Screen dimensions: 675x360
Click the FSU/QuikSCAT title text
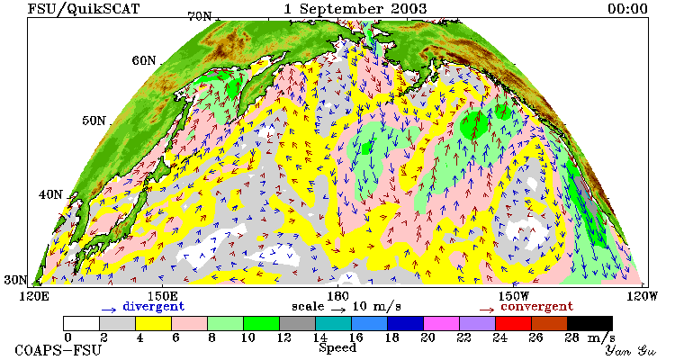point(84,9)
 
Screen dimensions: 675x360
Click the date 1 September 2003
point(355,9)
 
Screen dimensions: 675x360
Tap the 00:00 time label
point(627,9)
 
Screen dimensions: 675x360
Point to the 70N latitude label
point(200,16)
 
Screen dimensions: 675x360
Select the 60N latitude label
point(144,60)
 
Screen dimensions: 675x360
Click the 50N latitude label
point(94,121)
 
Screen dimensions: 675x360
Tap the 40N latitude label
point(50,194)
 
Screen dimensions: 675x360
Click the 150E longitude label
point(163,297)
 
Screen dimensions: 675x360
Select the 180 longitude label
point(337,297)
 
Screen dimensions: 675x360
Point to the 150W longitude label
point(513,297)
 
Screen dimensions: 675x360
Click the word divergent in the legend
point(154,307)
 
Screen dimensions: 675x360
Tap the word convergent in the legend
point(536,307)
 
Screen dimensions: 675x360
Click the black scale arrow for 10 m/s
point(338,310)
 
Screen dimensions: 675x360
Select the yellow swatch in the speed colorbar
point(153,323)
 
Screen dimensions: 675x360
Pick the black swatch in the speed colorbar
point(589,323)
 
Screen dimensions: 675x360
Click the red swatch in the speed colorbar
point(514,323)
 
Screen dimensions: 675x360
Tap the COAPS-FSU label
point(58,350)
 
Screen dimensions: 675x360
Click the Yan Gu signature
point(631,350)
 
